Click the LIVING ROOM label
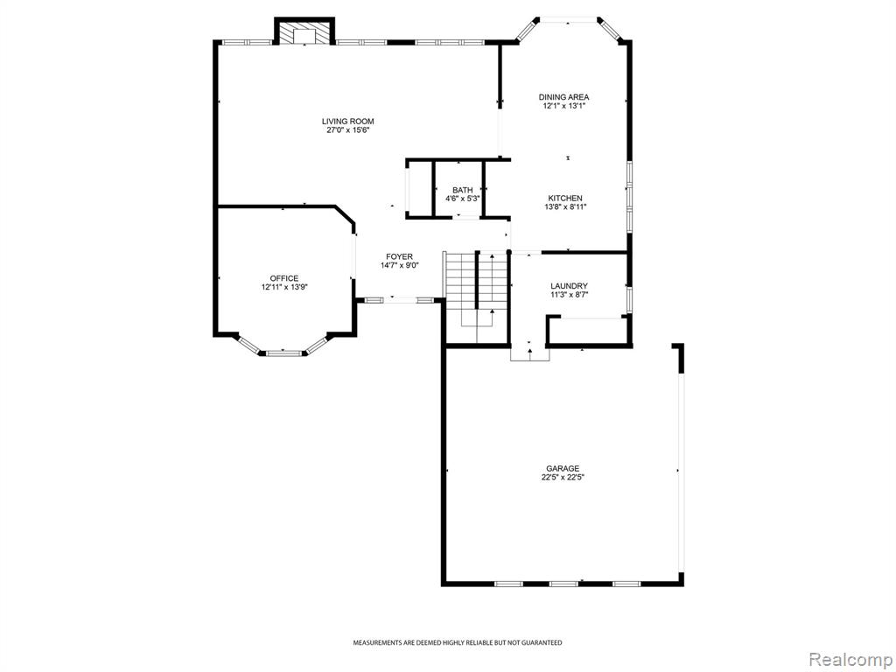pos(347,121)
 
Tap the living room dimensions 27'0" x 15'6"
pos(347,130)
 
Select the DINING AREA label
pos(563,97)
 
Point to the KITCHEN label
pos(565,199)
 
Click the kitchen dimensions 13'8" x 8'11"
pos(565,207)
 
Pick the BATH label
pos(462,190)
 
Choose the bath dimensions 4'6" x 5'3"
pos(462,199)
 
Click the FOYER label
pos(399,256)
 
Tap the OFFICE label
pos(284,279)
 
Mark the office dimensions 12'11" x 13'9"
pos(284,287)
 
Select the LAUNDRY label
pos(569,286)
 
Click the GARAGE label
pos(563,469)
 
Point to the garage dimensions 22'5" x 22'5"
pos(563,478)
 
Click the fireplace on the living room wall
pos(304,32)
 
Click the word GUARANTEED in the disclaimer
pos(541,643)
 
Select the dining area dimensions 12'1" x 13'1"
pos(564,106)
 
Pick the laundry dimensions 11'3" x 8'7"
pos(569,295)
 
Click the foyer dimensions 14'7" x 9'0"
pos(399,265)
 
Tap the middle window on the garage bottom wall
pos(563,584)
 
